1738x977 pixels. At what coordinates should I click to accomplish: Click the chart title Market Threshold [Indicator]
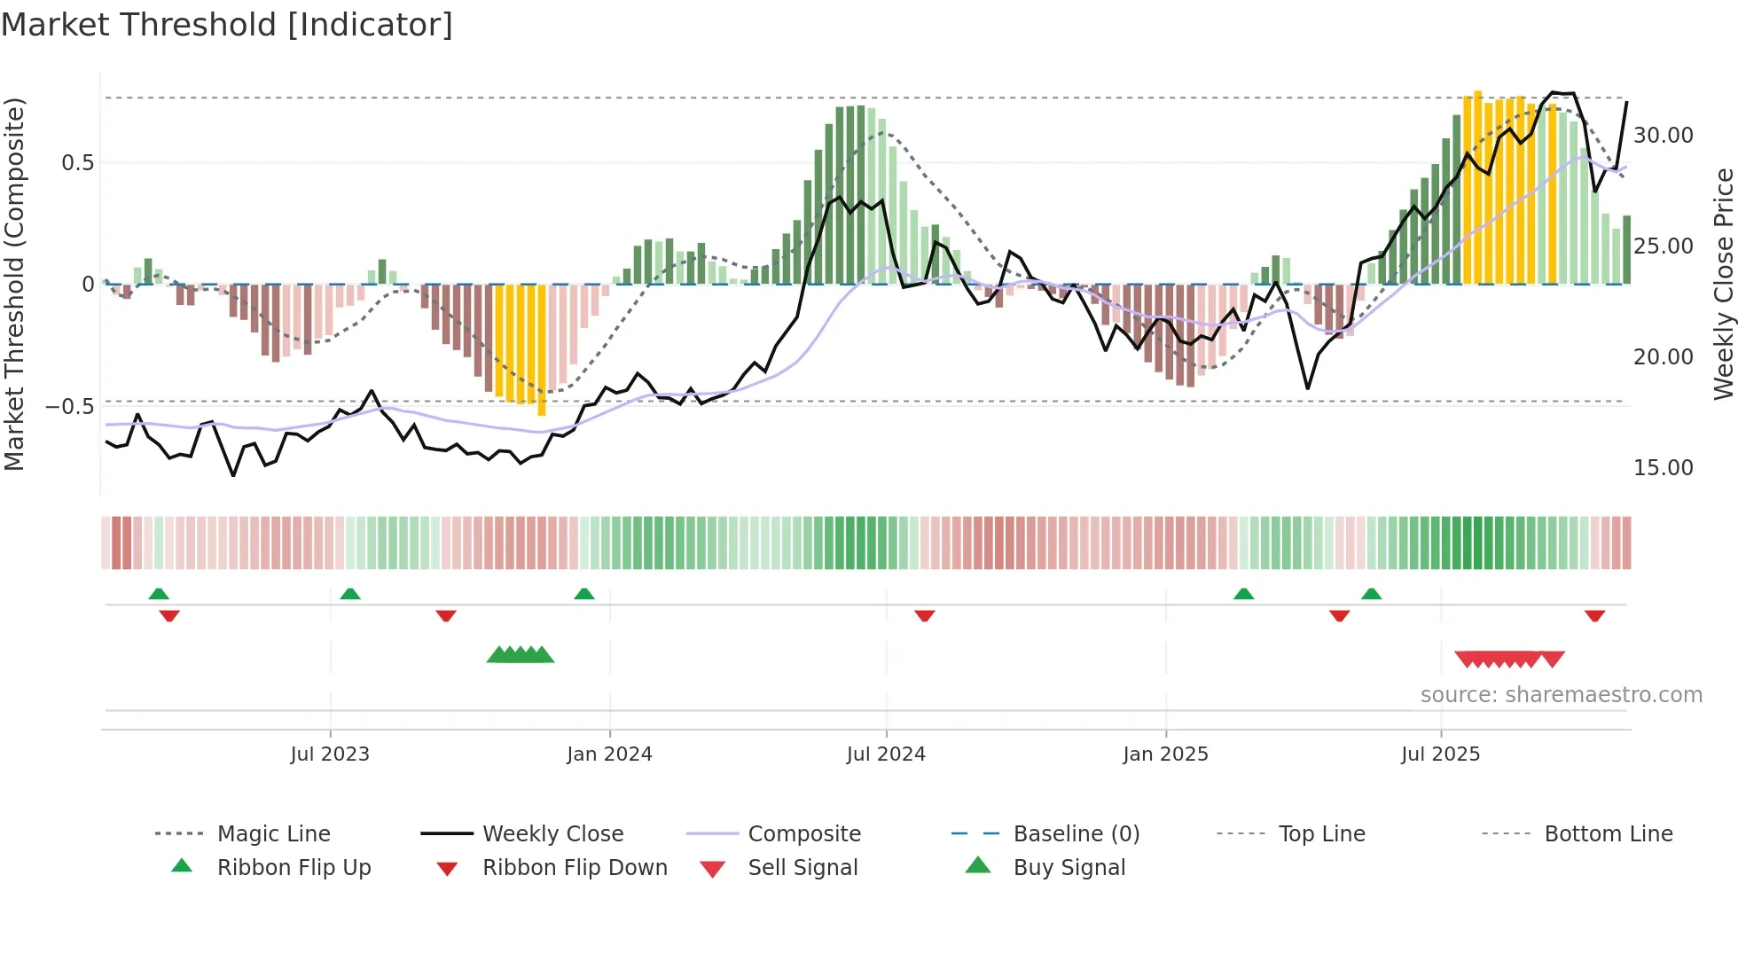tap(227, 25)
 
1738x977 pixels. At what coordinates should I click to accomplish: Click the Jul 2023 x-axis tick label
tap(329, 754)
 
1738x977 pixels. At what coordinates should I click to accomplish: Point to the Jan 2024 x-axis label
tap(609, 754)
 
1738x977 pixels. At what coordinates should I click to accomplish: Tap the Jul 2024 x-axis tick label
tap(886, 754)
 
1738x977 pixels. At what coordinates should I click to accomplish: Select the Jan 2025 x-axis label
tap(1165, 754)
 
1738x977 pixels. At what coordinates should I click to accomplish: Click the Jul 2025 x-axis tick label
tap(1441, 754)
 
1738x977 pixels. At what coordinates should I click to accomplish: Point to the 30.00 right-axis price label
tap(1664, 136)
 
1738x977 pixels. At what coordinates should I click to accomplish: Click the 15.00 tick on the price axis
tap(1664, 468)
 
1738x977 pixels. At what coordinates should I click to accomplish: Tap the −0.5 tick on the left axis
tap(70, 407)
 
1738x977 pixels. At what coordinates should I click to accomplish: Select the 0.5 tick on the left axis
tap(77, 163)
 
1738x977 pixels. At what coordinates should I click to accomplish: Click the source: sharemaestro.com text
tap(1561, 695)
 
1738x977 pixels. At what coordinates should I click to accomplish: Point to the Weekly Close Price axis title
tap(1723, 284)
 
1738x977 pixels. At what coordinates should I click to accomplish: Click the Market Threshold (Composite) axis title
tap(14, 284)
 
